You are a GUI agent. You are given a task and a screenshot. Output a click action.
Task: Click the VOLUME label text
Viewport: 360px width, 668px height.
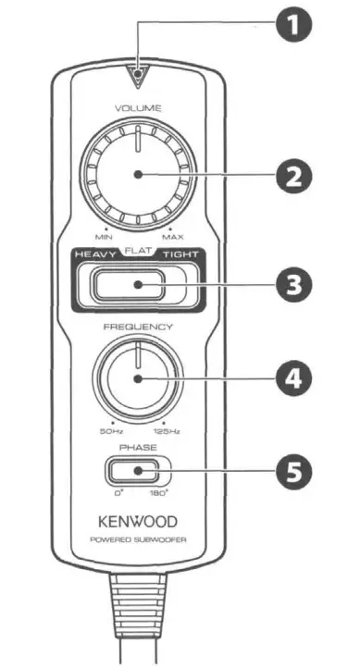point(137,108)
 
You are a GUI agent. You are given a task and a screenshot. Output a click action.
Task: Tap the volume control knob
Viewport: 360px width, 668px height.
point(137,174)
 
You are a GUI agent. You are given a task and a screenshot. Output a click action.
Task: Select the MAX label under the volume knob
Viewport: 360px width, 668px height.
point(173,237)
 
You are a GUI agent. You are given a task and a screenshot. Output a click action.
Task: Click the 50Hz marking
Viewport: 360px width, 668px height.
point(110,430)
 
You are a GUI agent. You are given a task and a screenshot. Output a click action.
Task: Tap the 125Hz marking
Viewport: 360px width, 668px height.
point(167,430)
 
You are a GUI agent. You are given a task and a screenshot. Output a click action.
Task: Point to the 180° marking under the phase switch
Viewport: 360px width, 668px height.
point(160,492)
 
